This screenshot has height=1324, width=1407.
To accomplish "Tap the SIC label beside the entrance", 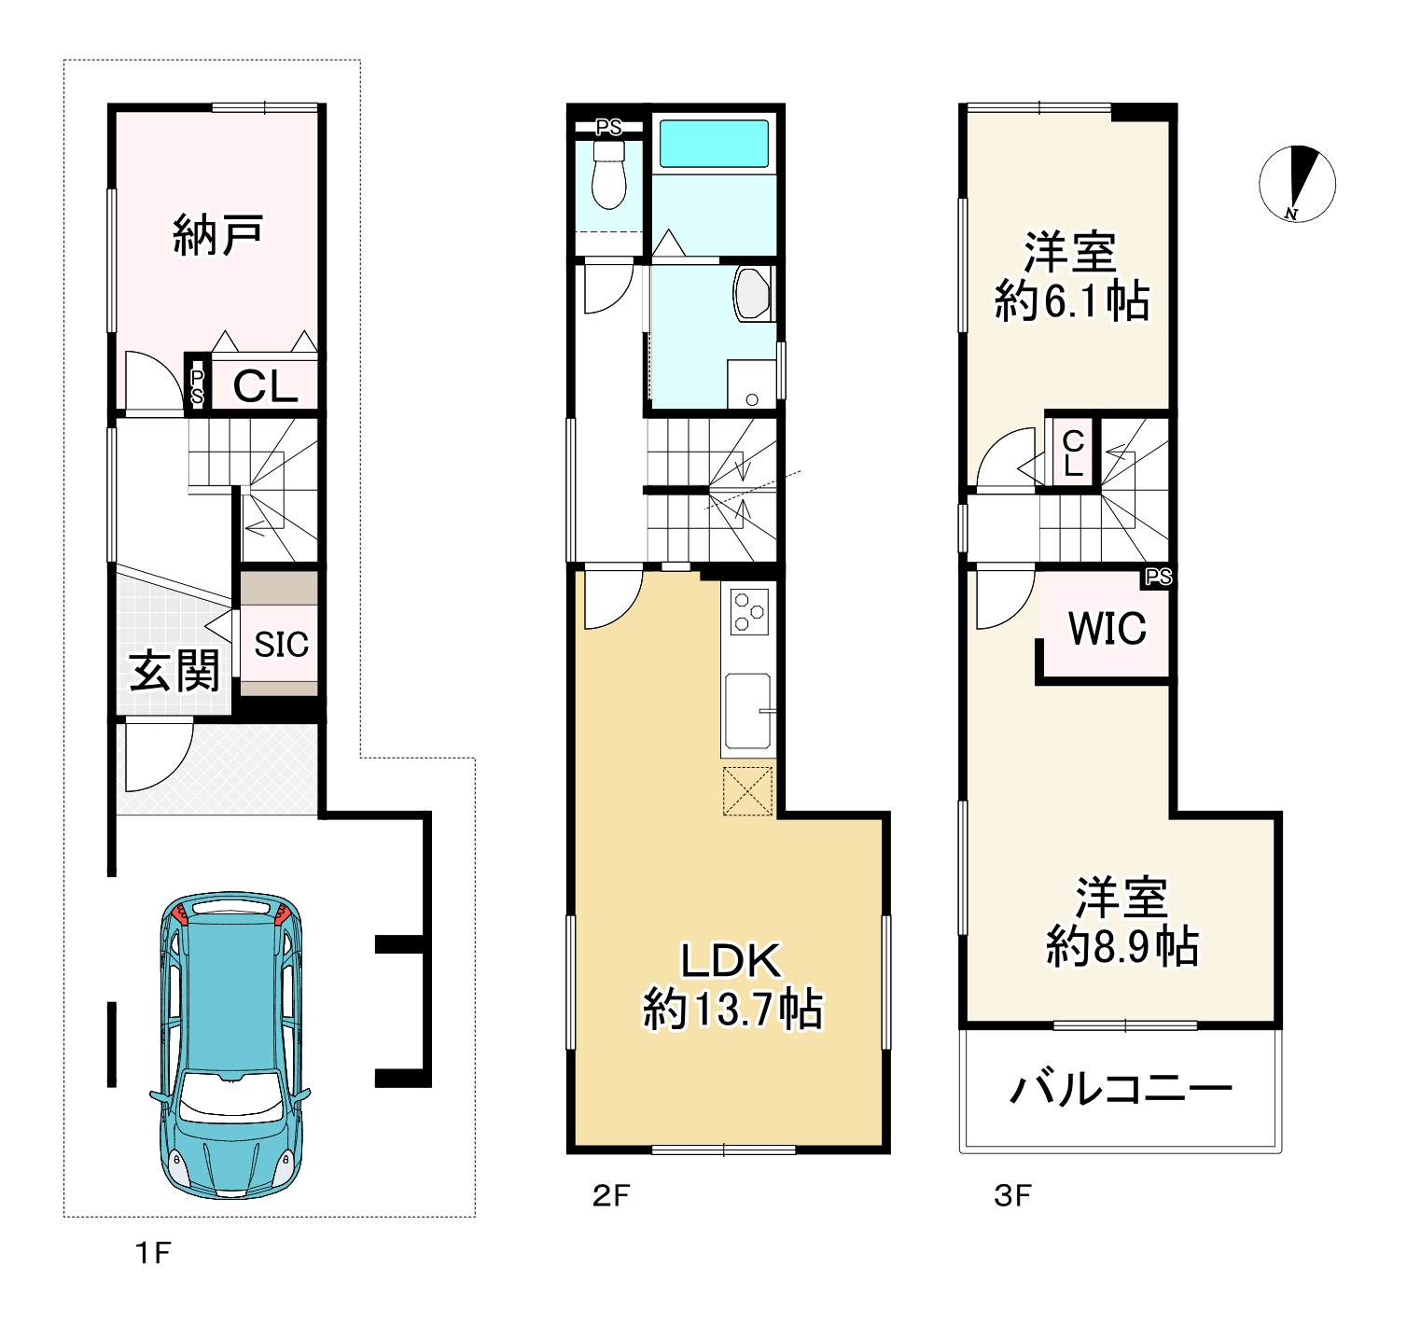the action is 281,645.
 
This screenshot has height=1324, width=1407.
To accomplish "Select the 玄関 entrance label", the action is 174,671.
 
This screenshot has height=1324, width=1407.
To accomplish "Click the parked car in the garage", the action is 230,1045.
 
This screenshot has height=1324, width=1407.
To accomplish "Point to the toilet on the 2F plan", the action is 608,175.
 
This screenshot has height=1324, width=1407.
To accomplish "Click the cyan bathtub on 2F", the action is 714,143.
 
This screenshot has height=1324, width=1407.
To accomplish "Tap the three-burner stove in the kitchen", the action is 749,611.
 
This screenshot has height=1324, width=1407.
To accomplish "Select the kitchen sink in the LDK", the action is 748,710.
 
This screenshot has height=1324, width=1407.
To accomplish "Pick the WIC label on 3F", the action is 1107,628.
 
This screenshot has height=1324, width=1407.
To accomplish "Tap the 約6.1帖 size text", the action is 1071,301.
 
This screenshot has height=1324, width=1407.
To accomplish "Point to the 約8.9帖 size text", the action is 1122,946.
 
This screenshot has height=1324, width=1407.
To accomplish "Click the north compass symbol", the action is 1297,185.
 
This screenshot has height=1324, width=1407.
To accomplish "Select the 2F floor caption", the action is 611,1196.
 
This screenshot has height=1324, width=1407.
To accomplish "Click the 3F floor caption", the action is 1012,1196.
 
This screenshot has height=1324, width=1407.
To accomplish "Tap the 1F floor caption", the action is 153,1253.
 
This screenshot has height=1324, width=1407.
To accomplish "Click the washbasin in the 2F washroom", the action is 752,293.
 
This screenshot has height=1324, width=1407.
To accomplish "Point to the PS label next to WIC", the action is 1159,577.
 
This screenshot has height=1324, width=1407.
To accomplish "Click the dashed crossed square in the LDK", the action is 747,791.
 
